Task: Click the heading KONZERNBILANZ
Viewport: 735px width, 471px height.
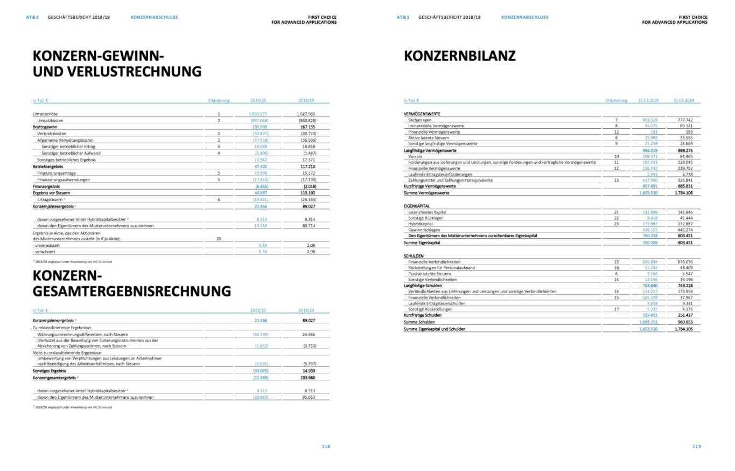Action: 459,56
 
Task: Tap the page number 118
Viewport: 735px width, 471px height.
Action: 326,446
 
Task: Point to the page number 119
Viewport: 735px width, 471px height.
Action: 696,446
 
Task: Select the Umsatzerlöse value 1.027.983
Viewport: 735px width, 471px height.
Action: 305,114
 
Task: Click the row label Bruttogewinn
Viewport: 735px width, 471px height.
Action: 45,127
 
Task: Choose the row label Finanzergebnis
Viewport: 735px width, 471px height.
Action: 46,186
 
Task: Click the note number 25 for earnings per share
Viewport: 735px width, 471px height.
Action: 219,238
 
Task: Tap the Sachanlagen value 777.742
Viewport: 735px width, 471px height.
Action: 685,120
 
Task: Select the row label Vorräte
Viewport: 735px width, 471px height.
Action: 415,156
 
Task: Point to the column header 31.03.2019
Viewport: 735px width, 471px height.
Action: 683,100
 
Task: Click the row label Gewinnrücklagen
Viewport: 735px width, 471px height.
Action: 424,230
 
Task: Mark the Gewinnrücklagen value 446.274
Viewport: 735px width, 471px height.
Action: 685,230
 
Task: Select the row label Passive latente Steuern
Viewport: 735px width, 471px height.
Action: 430,274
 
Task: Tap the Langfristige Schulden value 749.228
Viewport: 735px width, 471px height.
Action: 685,286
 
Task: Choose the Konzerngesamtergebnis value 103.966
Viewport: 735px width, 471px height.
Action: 307,378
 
